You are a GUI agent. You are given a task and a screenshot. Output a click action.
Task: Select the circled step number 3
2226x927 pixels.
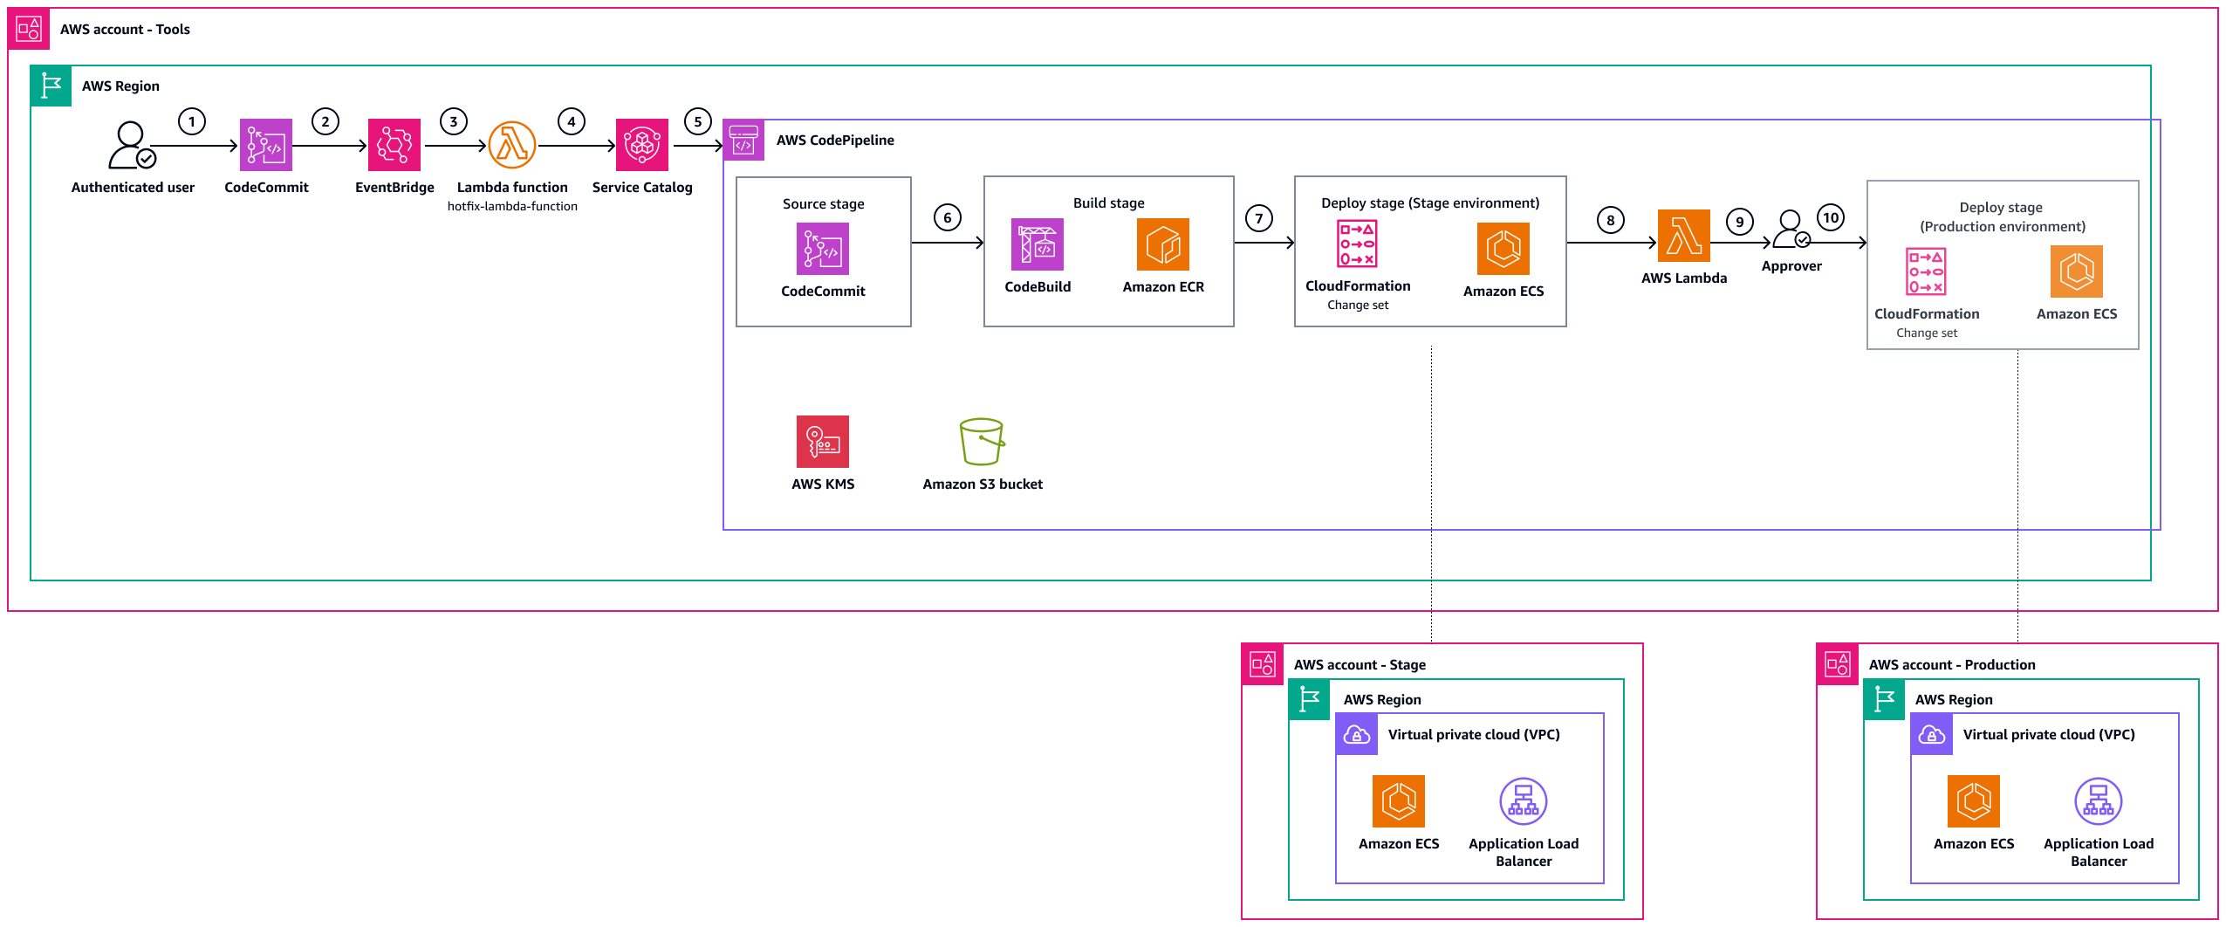pos(453,121)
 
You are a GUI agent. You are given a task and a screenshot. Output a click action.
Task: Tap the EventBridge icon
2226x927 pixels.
pos(394,145)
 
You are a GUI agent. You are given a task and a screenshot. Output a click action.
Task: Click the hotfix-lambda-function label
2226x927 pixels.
pos(512,207)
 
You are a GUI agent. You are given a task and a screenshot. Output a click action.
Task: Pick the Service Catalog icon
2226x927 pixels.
pos(641,145)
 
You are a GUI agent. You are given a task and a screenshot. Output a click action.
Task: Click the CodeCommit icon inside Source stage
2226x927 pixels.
pos(822,249)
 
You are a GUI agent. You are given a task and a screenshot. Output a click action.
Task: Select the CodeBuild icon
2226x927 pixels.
pos(1037,244)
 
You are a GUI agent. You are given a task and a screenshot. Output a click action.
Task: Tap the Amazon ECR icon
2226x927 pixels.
pos(1162,244)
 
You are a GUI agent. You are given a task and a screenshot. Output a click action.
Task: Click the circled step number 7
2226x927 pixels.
pos(1258,218)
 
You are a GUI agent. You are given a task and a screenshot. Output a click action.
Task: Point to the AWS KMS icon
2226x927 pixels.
pos(822,442)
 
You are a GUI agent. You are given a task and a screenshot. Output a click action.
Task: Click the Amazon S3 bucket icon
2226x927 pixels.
pos(982,442)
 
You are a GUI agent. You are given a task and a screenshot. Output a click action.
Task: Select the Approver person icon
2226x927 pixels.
pos(1791,230)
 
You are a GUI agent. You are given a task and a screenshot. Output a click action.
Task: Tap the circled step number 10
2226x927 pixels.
pos(1830,217)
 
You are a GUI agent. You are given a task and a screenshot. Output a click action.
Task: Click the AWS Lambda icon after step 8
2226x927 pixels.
pos(1683,236)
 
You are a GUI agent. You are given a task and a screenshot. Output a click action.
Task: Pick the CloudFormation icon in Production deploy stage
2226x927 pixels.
pos(1926,271)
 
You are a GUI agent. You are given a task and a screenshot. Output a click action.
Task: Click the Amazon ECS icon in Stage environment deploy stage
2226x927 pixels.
pos(1503,249)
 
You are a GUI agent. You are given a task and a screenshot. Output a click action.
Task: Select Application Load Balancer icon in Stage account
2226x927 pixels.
pos(1523,801)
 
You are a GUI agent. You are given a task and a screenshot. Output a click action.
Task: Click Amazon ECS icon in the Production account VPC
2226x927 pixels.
pos(1973,801)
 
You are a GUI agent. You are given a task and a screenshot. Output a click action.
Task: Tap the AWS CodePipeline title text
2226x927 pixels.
pos(834,141)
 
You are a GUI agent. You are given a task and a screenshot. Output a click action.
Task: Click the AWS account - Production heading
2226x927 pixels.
pos(1951,665)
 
